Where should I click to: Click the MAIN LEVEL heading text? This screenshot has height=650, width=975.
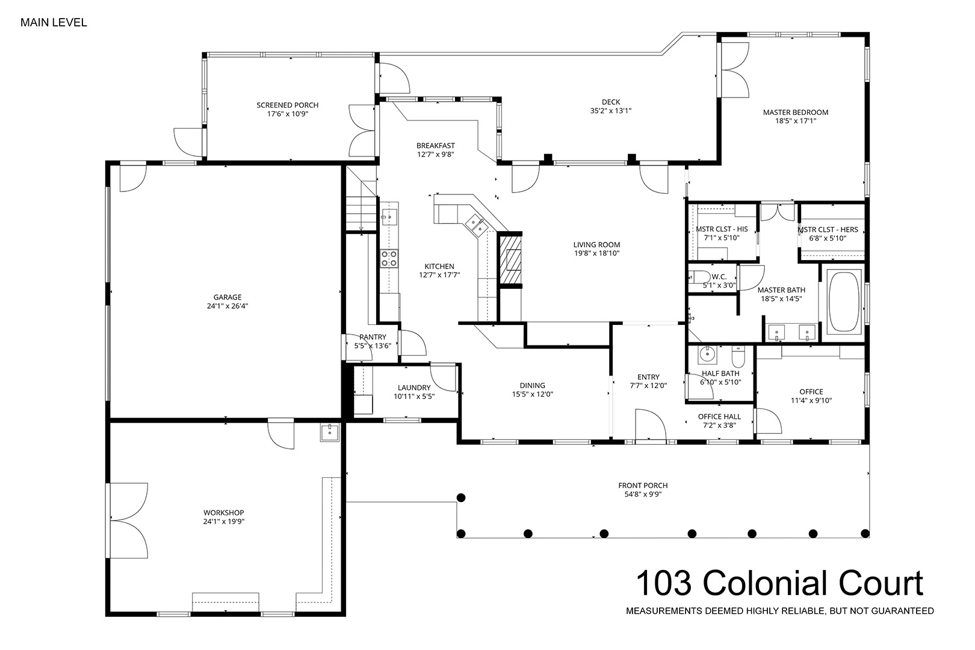54,22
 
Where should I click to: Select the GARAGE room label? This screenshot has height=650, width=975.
227,297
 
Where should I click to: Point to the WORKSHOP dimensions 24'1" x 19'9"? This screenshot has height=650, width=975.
224,522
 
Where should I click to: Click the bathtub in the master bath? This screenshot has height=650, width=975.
844,303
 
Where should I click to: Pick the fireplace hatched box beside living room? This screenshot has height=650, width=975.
510,260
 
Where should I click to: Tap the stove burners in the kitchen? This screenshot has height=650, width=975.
389,258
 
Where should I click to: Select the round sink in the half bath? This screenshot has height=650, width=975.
708,354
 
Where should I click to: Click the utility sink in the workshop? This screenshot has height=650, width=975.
329,433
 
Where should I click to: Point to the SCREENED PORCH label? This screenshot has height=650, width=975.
287,105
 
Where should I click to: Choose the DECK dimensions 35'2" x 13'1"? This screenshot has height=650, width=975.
611,111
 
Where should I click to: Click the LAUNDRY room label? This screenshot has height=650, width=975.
414,388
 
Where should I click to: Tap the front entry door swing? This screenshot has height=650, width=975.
651,425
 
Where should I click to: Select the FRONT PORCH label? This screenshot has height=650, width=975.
643,486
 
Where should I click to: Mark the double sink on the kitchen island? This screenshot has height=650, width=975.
475,225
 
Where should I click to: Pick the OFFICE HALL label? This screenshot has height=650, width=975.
719,416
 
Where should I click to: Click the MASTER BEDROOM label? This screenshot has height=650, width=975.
795,113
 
